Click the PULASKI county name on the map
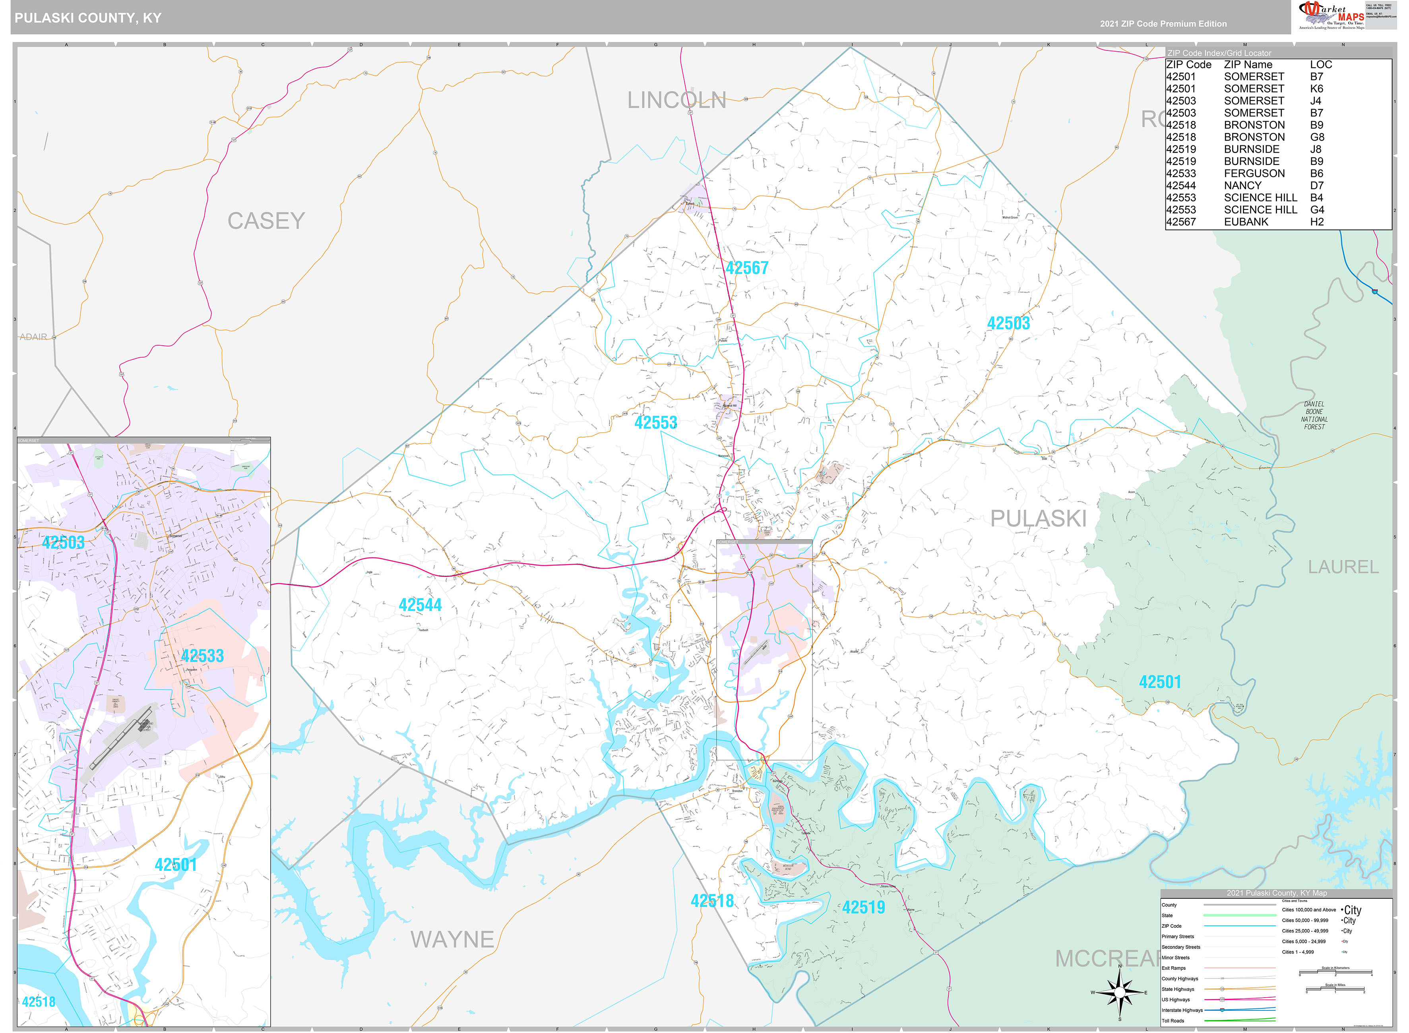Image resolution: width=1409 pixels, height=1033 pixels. click(x=1038, y=518)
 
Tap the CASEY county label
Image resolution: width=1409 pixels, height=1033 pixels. click(x=266, y=221)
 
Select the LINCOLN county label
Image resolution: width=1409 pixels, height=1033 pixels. click(x=676, y=100)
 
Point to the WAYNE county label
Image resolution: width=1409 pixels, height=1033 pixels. click(x=452, y=939)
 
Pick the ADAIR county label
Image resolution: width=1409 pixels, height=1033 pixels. click(x=33, y=337)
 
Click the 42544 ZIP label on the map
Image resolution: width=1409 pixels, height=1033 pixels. click(x=420, y=605)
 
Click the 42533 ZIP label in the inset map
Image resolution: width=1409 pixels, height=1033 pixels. click(x=202, y=656)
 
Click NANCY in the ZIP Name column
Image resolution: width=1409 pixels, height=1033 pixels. click(x=1242, y=186)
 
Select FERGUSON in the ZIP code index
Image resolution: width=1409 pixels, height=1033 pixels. click(x=1254, y=173)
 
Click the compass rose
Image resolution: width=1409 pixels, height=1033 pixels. click(x=1119, y=992)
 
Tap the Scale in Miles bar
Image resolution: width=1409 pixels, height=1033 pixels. click(x=1335, y=990)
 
